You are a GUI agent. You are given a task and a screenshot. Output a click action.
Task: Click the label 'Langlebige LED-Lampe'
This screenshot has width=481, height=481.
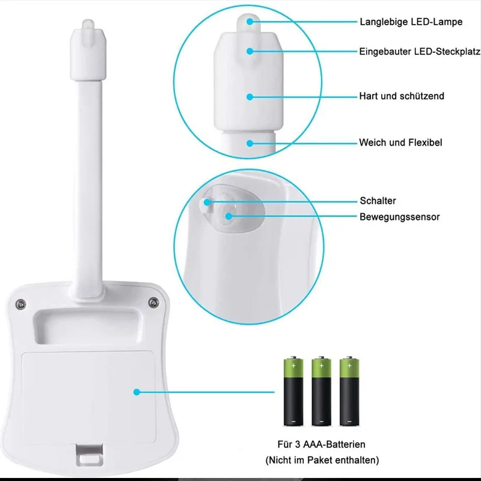tap(411, 22)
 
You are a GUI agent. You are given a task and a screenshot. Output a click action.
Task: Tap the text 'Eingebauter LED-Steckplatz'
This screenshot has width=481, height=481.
tap(420, 52)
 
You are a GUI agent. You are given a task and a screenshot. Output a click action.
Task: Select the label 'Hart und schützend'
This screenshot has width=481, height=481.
tap(402, 96)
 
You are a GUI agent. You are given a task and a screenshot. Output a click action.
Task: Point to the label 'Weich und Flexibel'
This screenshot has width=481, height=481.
tap(400, 143)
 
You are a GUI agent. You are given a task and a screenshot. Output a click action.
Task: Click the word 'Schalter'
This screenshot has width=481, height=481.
tap(378, 201)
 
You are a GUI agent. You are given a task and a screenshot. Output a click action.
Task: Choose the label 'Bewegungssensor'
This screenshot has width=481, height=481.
tap(399, 216)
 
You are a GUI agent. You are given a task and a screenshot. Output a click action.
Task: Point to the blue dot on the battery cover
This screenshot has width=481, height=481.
tap(136, 392)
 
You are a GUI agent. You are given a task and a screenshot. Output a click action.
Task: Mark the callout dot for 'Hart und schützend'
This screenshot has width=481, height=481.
tap(249, 96)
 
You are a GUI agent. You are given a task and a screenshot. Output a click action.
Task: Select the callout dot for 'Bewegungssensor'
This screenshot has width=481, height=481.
tap(228, 216)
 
